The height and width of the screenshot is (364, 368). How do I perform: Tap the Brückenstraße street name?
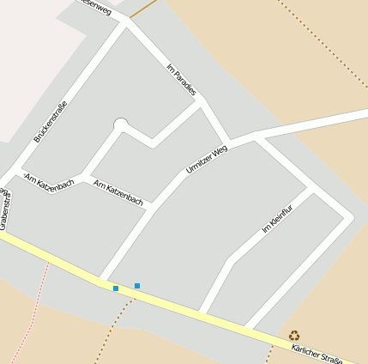click(x=51, y=121)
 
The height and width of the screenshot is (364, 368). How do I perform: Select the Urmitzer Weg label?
click(x=207, y=160)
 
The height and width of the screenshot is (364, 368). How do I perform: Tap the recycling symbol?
click(x=294, y=336)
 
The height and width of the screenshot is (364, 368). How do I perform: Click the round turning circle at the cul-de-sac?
click(x=120, y=125)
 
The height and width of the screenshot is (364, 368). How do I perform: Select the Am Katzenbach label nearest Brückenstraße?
click(x=50, y=181)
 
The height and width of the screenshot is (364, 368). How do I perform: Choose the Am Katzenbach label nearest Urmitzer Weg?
click(x=118, y=192)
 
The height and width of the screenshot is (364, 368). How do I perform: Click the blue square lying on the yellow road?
click(x=116, y=288)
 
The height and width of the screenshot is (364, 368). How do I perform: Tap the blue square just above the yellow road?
click(x=137, y=285)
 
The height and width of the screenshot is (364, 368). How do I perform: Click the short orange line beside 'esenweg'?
click(x=145, y=9)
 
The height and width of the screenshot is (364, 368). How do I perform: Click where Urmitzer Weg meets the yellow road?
click(x=103, y=281)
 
